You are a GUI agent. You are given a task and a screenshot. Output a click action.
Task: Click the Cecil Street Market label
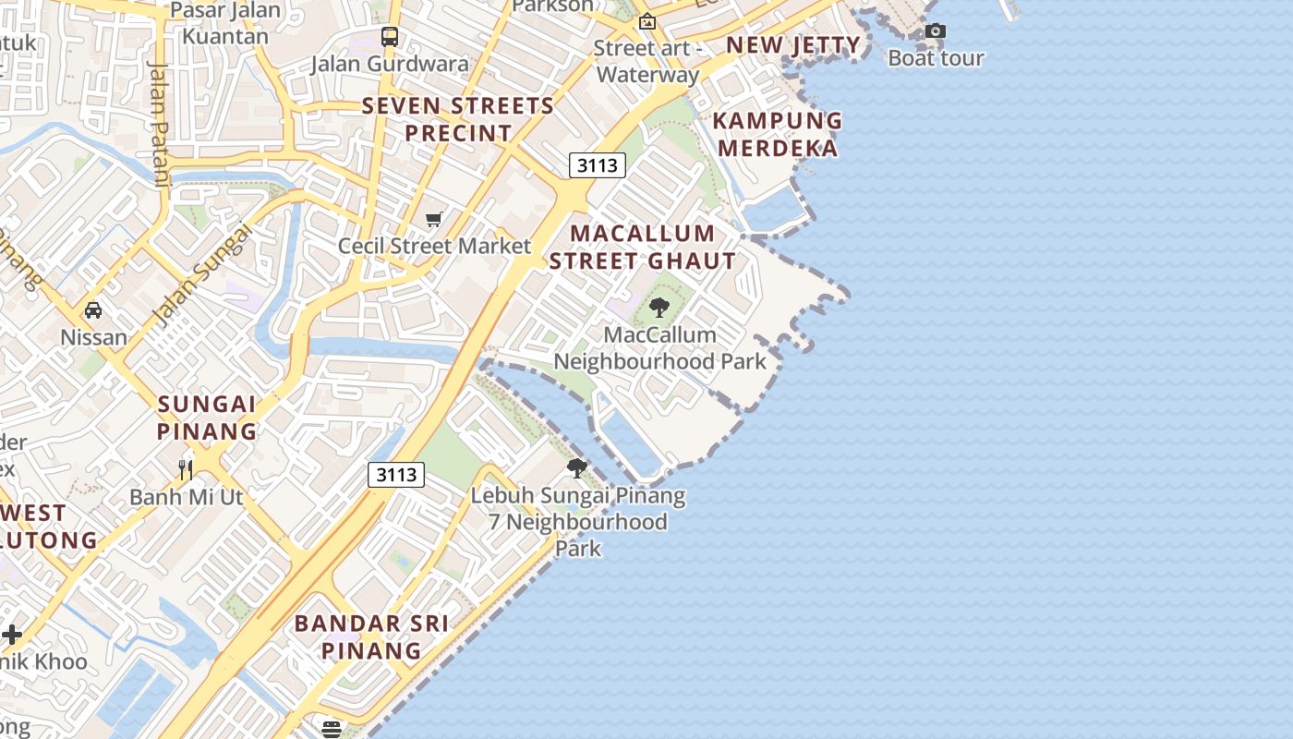pyautogui.click(x=434, y=246)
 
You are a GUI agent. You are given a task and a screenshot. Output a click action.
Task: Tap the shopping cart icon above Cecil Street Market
pyautogui.click(x=434, y=219)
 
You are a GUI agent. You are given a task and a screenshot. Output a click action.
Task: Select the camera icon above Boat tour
pyautogui.click(x=936, y=31)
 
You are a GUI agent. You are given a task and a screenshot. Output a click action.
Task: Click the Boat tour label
pyautogui.click(x=936, y=57)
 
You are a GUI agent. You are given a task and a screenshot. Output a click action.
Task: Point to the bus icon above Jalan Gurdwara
pyautogui.click(x=390, y=37)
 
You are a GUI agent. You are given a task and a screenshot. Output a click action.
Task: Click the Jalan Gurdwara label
pyautogui.click(x=390, y=64)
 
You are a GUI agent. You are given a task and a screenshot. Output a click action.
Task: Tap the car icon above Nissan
pyautogui.click(x=93, y=309)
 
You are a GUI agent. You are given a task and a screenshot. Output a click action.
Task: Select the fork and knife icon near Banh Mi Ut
pyautogui.click(x=186, y=469)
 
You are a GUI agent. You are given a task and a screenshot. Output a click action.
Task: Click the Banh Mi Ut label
pyautogui.click(x=186, y=497)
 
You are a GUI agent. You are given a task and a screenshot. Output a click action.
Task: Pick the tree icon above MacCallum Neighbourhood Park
pyautogui.click(x=659, y=307)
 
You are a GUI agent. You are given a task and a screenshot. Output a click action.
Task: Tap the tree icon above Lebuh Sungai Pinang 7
pyautogui.click(x=577, y=468)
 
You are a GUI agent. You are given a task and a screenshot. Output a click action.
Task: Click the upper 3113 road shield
pyautogui.click(x=597, y=165)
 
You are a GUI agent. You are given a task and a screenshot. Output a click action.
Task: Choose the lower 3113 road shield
pyautogui.click(x=396, y=475)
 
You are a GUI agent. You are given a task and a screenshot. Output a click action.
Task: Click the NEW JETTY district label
pyautogui.click(x=793, y=45)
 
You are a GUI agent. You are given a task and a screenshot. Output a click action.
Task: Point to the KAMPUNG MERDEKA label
pyautogui.click(x=778, y=134)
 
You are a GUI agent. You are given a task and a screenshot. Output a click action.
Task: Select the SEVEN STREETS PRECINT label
pyautogui.click(x=458, y=119)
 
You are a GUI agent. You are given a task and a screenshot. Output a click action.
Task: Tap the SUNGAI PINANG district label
pyautogui.click(x=207, y=418)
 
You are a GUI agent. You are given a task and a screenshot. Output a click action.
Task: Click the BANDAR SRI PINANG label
pyautogui.click(x=371, y=636)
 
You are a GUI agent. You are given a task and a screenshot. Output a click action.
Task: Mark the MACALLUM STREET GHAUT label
pyautogui.click(x=643, y=247)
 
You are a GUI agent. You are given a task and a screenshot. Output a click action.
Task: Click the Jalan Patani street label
pyautogui.click(x=159, y=124)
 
